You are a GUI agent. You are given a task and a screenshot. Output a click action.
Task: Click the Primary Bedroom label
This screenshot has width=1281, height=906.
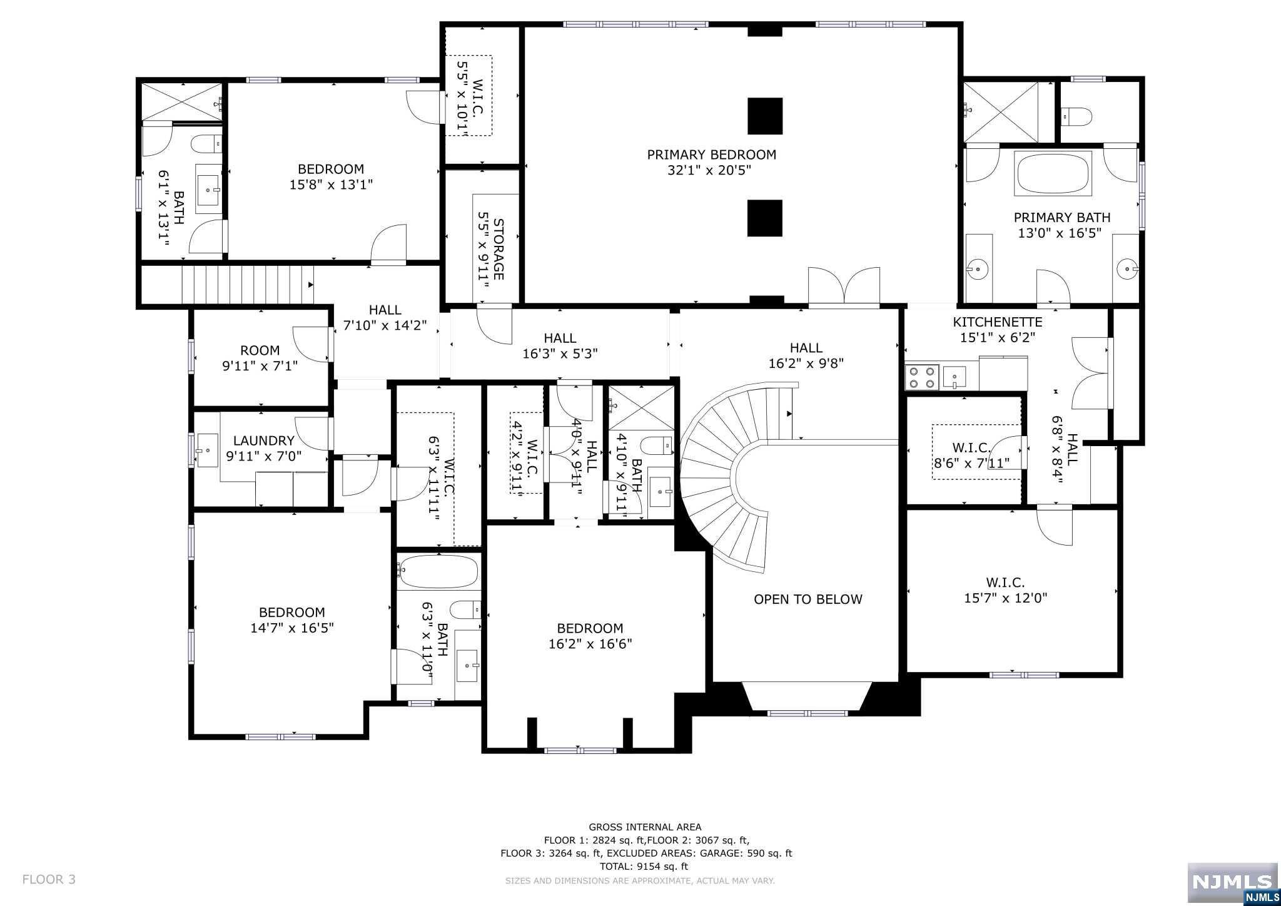click(711, 155)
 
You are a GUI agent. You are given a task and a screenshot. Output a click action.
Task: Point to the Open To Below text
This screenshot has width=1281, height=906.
click(808, 599)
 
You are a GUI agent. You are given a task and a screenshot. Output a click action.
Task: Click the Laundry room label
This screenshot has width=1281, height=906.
click(263, 440)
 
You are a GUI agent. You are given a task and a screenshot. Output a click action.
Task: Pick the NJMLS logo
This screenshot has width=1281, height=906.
click(1232, 883)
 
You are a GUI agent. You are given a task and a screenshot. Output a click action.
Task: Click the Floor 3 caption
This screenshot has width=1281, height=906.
click(49, 879)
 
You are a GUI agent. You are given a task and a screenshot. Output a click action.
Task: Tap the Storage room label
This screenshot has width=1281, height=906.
click(499, 249)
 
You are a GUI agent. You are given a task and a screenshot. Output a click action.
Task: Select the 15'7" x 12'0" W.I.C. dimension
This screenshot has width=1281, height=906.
click(1006, 598)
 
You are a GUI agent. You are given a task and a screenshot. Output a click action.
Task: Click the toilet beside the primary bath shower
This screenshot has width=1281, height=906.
click(1077, 116)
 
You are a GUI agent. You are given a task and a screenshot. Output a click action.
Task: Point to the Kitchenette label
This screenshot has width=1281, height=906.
click(998, 322)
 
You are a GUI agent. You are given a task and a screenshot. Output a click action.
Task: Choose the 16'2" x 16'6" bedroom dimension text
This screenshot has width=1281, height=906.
click(590, 644)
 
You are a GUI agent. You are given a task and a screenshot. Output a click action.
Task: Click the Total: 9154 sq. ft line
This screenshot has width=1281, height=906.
click(644, 867)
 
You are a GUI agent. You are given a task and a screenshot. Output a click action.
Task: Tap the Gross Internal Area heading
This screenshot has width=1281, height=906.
click(645, 827)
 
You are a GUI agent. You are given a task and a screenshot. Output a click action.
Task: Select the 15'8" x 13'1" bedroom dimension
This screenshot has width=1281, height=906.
click(331, 185)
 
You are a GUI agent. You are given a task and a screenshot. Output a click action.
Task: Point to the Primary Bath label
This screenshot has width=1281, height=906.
click(1062, 217)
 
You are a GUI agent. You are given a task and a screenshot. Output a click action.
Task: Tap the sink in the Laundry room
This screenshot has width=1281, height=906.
click(207, 450)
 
